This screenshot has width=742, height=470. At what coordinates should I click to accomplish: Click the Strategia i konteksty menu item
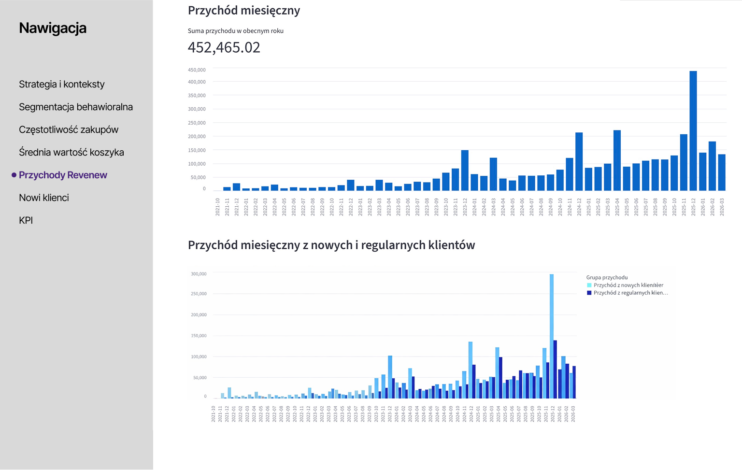click(62, 84)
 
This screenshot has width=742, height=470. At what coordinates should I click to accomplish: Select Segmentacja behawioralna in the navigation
click(76, 107)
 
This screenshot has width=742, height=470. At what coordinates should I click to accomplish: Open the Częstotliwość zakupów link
click(69, 129)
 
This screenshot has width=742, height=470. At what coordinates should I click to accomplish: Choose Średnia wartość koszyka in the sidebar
click(71, 152)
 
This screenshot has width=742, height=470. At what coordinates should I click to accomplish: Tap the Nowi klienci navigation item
click(44, 198)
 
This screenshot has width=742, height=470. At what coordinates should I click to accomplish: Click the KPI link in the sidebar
click(26, 220)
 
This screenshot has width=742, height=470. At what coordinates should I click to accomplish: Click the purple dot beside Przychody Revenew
click(14, 175)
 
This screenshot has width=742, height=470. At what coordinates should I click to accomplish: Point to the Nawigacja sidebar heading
click(53, 28)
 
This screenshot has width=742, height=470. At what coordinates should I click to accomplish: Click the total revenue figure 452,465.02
click(224, 47)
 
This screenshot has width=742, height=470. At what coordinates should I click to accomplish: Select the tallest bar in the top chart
click(693, 130)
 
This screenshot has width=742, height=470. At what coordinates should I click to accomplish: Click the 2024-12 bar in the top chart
click(579, 161)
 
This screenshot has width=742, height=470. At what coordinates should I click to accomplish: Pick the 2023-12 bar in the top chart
click(465, 170)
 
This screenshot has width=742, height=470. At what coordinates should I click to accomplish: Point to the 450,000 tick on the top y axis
click(197, 70)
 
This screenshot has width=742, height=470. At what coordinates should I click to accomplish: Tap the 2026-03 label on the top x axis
click(722, 207)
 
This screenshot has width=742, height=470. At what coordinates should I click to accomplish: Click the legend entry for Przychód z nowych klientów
click(628, 285)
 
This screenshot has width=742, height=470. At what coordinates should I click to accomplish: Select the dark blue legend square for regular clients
click(589, 293)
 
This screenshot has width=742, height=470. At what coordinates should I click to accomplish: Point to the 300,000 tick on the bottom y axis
click(199, 274)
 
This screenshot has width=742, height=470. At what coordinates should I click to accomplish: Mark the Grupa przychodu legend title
click(607, 277)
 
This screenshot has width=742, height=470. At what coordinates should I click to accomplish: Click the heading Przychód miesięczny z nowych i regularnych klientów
click(331, 245)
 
